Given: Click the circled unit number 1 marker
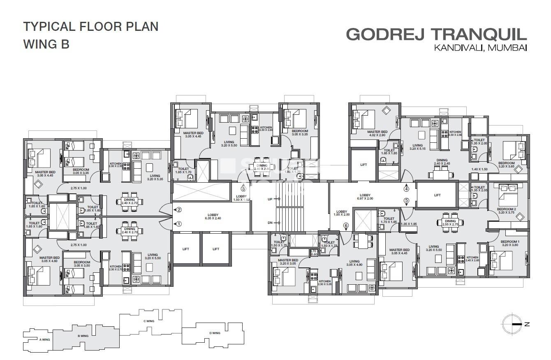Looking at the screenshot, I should click(x=179, y=224).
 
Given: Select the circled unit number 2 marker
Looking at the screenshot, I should click(x=179, y=209).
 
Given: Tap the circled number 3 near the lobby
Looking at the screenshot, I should click(x=243, y=189).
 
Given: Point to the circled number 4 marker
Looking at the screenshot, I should click(x=407, y=189).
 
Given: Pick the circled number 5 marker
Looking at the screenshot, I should click(x=407, y=201).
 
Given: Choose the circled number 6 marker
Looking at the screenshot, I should click(x=346, y=225).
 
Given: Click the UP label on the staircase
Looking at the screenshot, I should click(x=270, y=199).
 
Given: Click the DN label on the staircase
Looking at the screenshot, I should click(x=270, y=223).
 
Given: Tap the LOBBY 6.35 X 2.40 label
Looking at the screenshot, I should click(x=213, y=216).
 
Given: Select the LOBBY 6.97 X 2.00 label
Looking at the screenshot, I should click(x=365, y=197).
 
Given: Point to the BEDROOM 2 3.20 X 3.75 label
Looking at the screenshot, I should click(x=506, y=211).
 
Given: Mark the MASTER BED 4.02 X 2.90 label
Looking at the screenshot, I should click(x=377, y=133).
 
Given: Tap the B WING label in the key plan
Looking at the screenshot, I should click(x=83, y=336).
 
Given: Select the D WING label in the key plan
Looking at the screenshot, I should click(x=214, y=333).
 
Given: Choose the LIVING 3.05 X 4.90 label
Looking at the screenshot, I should click(x=354, y=263).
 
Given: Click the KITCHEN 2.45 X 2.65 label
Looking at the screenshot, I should click(x=472, y=259).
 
